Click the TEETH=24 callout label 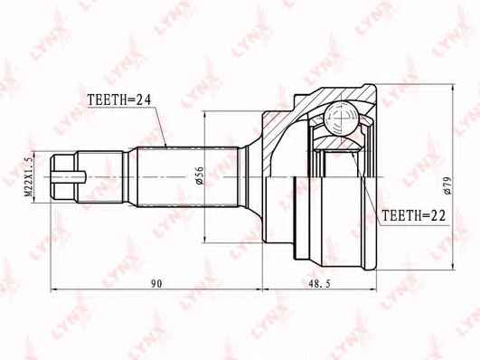tap(119, 99)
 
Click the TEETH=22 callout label tap(413, 215)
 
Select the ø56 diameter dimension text tap(199, 175)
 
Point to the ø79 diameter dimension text tap(447, 185)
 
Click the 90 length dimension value tap(156, 284)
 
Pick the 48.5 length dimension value tap(319, 284)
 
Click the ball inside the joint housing tap(341, 118)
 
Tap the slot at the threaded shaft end tap(69, 177)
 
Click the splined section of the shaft tap(188, 176)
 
